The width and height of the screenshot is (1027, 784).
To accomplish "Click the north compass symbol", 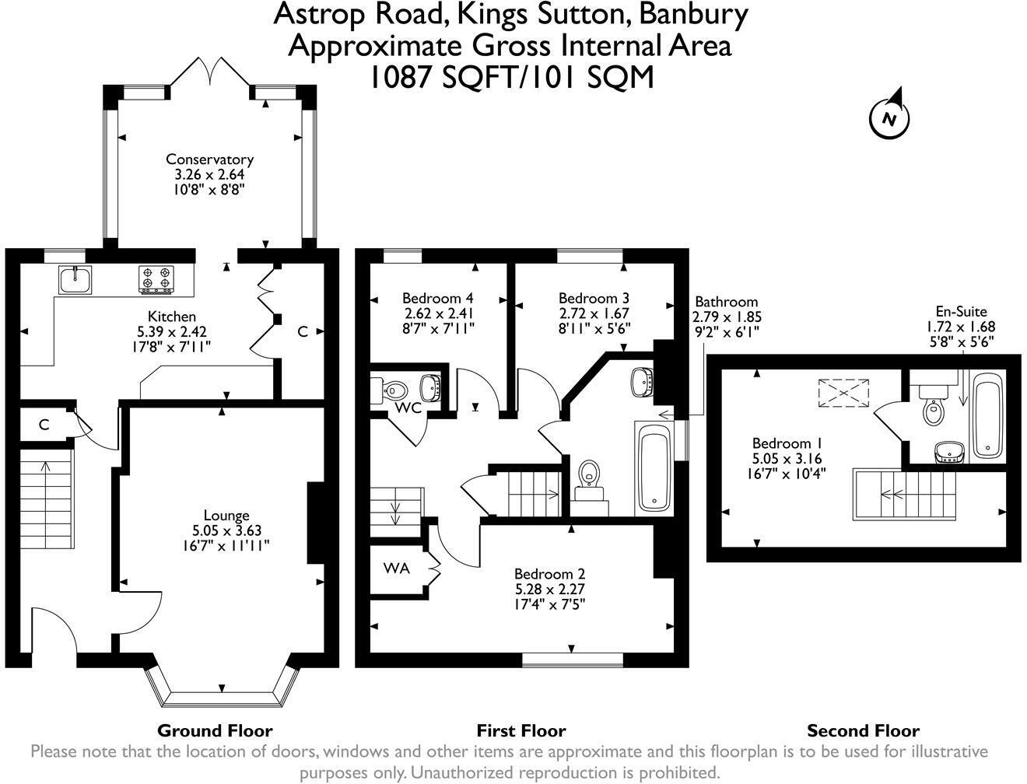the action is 889,117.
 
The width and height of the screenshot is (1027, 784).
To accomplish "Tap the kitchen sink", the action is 75,279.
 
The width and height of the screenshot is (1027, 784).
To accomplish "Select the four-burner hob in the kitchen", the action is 156,279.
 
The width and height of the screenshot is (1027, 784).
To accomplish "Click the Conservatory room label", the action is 209,159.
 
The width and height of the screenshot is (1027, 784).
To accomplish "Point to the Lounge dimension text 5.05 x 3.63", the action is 227,530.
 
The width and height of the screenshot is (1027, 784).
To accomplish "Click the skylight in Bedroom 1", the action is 843,394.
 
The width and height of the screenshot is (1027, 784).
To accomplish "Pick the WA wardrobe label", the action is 397,568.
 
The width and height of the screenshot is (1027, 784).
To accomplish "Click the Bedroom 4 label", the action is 438,298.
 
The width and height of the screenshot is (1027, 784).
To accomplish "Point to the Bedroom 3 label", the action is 594,298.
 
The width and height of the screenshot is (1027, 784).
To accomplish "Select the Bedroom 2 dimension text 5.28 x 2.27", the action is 550,589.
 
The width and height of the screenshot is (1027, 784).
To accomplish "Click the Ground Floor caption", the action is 215,730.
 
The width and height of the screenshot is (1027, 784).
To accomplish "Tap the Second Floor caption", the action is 864,730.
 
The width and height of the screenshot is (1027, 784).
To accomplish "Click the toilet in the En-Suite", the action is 934,405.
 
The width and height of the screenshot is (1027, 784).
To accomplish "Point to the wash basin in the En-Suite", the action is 950,452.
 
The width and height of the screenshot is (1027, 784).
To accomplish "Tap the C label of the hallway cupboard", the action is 44,425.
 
